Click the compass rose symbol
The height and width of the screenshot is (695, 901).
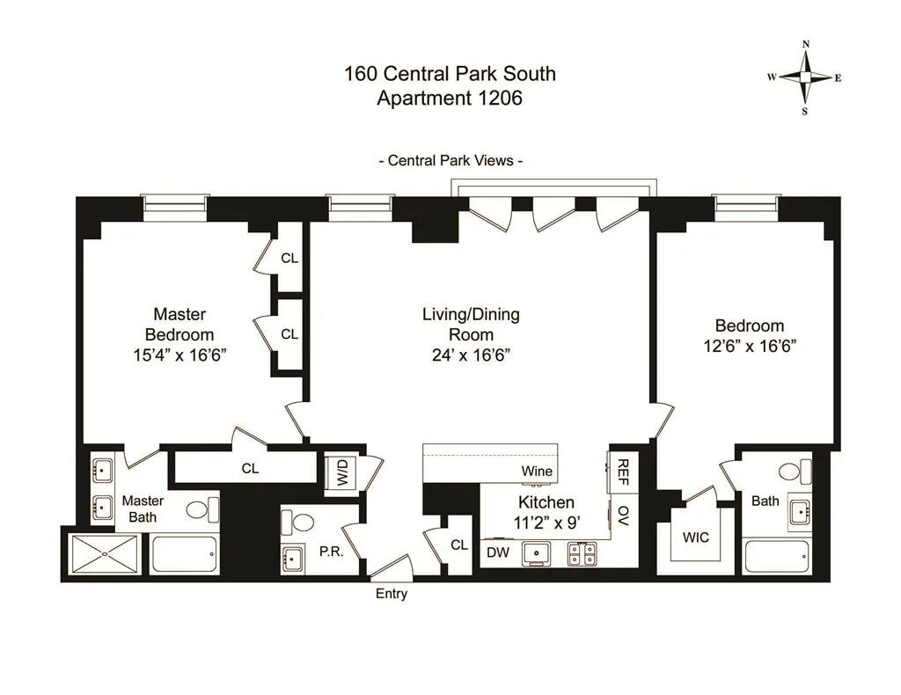804,77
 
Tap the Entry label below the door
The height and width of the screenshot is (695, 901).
392,594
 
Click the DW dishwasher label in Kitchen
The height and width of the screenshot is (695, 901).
497,552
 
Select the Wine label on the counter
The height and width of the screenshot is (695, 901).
537,471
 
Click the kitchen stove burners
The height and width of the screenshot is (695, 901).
580,553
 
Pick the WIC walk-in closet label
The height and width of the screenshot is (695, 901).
695,537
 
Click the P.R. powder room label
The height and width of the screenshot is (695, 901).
330,552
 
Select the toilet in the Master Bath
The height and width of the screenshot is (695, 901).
201,508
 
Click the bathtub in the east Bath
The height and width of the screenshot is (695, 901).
776,557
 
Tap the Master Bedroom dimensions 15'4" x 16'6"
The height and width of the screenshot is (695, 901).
179,355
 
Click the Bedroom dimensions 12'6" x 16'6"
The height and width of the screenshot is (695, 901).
749,346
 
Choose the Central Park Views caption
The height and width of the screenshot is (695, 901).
450,161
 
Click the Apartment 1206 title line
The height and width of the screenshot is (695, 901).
450,98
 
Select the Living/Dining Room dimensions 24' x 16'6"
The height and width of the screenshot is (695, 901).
471,355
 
